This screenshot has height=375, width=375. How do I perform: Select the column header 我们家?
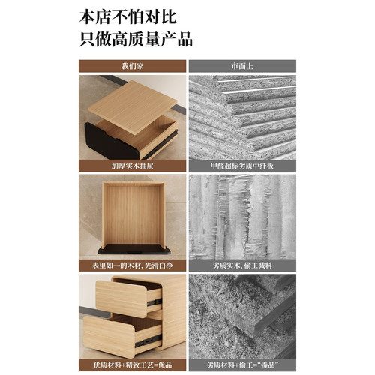[x=132, y=65]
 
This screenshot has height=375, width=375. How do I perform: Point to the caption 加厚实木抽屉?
[x=132, y=164]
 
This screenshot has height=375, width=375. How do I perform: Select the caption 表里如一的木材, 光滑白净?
[x=132, y=265]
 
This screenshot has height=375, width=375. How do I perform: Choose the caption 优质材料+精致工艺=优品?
[x=132, y=365]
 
